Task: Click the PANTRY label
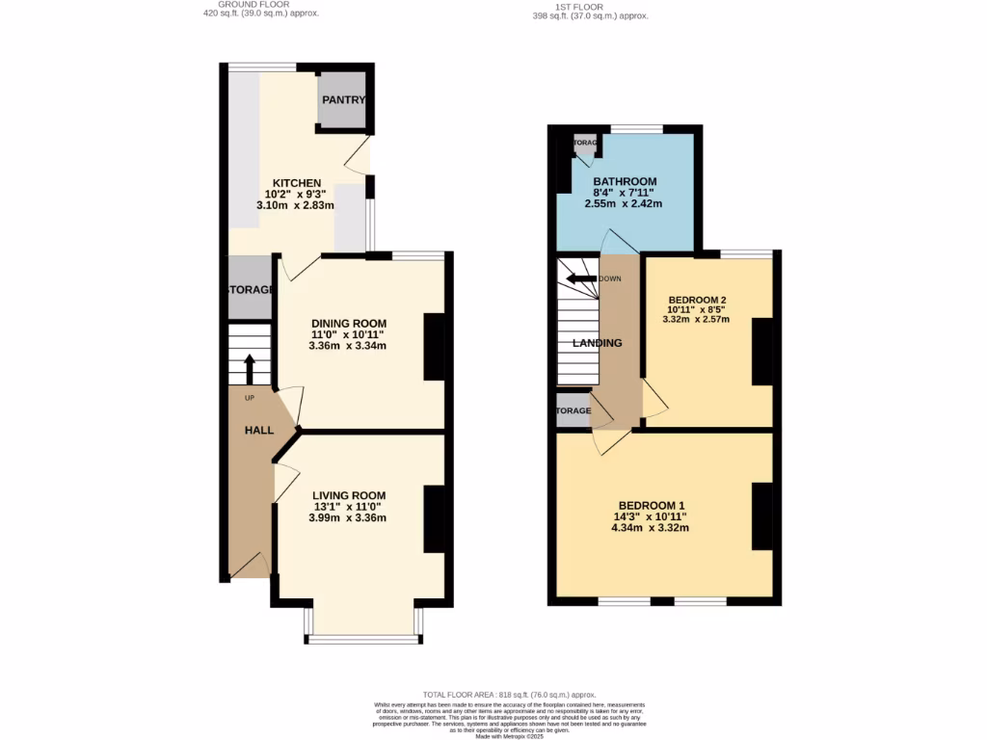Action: tap(341, 100)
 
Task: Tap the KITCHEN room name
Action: tap(296, 183)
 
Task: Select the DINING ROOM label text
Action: tap(348, 324)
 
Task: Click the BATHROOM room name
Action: tap(625, 181)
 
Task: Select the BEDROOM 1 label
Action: tap(652, 506)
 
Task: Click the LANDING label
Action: tap(598, 343)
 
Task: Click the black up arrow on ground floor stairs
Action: tap(250, 368)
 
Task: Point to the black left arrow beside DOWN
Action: tap(580, 279)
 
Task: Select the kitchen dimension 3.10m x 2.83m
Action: tap(296, 205)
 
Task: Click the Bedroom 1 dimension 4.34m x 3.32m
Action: tap(652, 527)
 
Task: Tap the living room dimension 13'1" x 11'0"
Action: tap(348, 507)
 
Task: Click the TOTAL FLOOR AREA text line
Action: tap(510, 695)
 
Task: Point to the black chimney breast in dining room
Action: tap(434, 347)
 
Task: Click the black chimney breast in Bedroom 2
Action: tap(762, 352)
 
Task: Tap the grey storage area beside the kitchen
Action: tap(250, 288)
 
